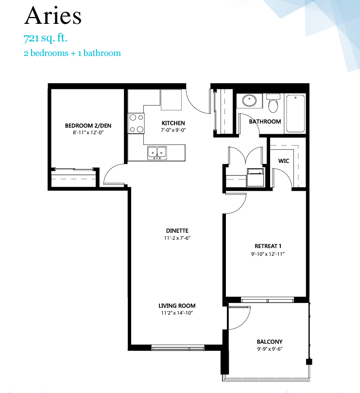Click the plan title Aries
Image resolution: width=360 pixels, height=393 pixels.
click(53, 16)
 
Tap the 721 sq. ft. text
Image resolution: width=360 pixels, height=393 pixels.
click(46, 38)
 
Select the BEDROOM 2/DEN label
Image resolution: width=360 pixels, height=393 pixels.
click(88, 125)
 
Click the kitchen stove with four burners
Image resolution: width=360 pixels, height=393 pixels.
click(136, 124)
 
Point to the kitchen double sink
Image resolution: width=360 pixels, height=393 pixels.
click(157, 153)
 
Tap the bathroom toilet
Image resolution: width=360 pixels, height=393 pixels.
click(273, 103)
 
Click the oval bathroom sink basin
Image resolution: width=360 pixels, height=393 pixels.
click(249, 100)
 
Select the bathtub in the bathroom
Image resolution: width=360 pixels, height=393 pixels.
click(295, 113)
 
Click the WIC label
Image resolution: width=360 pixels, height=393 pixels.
click(284, 161)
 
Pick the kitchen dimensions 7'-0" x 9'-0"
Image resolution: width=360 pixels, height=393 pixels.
click(173, 130)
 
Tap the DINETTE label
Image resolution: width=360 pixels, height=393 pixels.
click(177, 231)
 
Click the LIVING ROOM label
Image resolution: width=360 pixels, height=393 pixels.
click(177, 306)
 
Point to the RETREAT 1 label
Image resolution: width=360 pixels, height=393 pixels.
click(268, 246)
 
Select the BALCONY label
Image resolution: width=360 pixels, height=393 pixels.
click(270, 341)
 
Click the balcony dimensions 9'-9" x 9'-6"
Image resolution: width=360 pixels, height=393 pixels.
click(270, 349)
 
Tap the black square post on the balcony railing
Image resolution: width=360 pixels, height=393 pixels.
click(309, 362)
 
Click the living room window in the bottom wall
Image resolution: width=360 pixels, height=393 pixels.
click(178, 348)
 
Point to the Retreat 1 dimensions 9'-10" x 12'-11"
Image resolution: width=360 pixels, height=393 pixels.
click(268, 254)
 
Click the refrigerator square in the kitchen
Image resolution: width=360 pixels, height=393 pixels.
click(171, 100)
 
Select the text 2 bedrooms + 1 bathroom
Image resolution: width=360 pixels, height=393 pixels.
click(72, 53)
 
